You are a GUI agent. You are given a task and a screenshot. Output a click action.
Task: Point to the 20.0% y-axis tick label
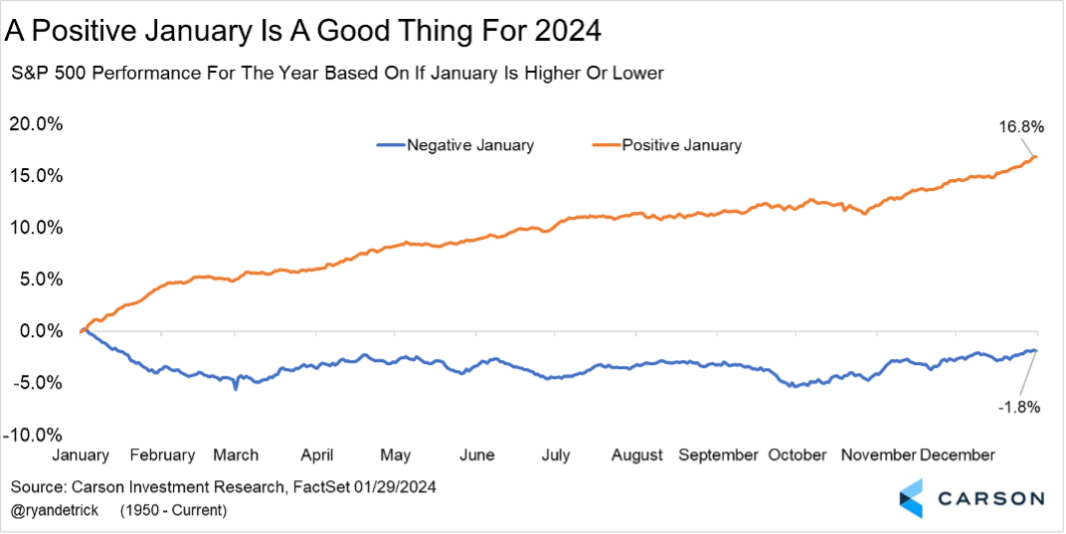pyautogui.click(x=37, y=124)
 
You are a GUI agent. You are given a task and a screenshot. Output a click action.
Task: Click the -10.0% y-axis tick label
pyautogui.click(x=35, y=435)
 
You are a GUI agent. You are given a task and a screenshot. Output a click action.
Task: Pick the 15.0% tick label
pyautogui.click(x=37, y=176)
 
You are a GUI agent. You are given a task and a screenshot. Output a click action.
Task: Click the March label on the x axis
pyautogui.click(x=236, y=454)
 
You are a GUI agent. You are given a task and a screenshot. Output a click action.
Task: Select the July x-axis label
pyautogui.click(x=555, y=454)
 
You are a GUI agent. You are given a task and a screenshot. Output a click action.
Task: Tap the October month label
pyautogui.click(x=797, y=454)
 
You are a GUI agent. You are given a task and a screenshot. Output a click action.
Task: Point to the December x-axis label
pyautogui.click(x=957, y=454)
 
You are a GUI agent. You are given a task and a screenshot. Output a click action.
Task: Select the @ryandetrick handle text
pyautogui.click(x=56, y=510)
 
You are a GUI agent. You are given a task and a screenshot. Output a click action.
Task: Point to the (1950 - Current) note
pyautogui.click(x=173, y=510)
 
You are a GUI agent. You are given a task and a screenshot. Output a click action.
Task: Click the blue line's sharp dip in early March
pyautogui.click(x=236, y=388)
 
